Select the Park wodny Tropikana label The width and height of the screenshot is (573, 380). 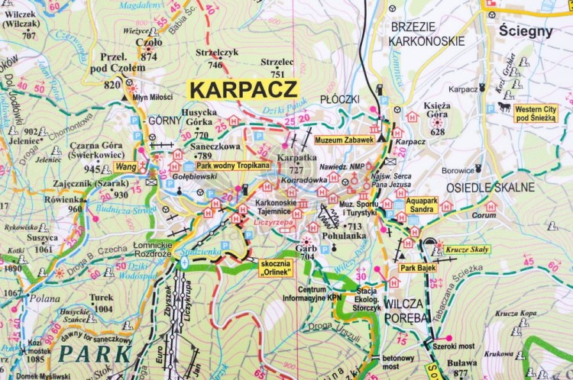pyautogui.click(x=233, y=166)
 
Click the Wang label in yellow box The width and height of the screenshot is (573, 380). pyautogui.click(x=126, y=165)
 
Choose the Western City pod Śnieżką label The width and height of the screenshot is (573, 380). pyautogui.click(x=536, y=113)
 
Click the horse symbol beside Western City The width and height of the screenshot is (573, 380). pyautogui.click(x=504, y=108)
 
